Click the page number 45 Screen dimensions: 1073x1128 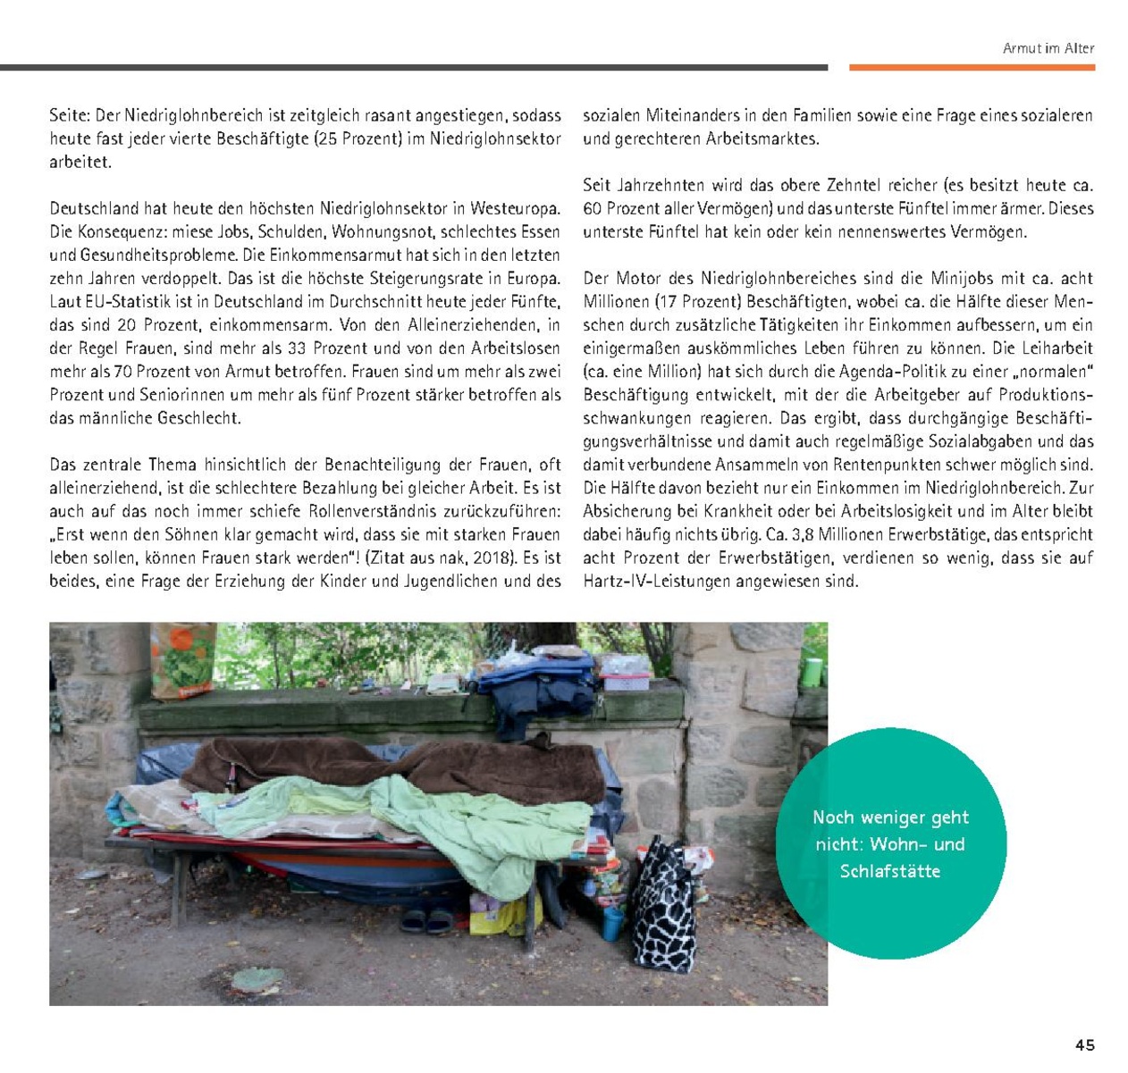tap(1084, 1045)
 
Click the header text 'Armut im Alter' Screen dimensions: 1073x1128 tap(1048, 48)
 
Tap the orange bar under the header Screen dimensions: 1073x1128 tap(972, 67)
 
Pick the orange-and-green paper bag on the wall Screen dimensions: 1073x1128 tap(183, 659)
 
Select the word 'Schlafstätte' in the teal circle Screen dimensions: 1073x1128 tap(889, 871)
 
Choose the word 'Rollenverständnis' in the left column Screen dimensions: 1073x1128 tap(381, 512)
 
